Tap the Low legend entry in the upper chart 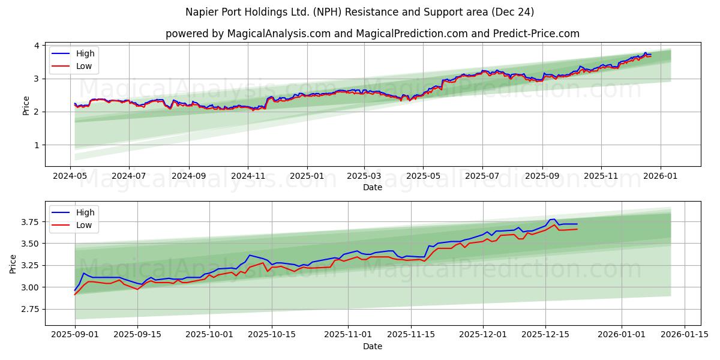[84, 66]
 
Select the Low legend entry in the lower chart [84, 225]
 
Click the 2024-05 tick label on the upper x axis [70, 176]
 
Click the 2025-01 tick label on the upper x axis [307, 176]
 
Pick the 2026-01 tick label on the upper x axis [661, 176]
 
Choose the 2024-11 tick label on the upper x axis [248, 176]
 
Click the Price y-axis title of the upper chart [26, 106]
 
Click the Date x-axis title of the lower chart [373, 346]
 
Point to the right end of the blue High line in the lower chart [577, 224]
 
